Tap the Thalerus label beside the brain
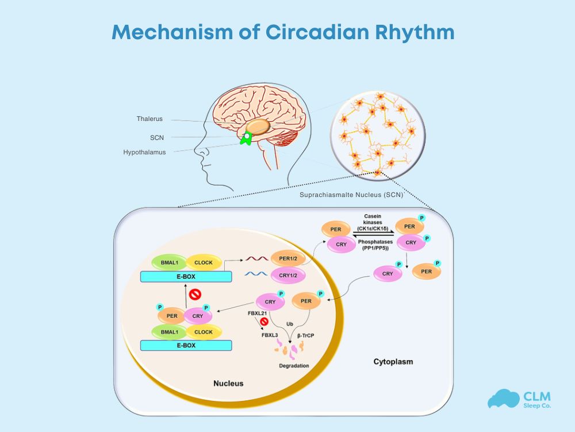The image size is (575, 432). point(149,119)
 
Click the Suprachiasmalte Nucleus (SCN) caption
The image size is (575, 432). point(351,195)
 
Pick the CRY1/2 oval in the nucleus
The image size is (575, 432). point(287,276)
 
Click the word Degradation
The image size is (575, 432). point(294,366)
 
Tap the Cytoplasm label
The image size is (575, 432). point(393,362)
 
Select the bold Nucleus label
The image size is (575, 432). point(228,383)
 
